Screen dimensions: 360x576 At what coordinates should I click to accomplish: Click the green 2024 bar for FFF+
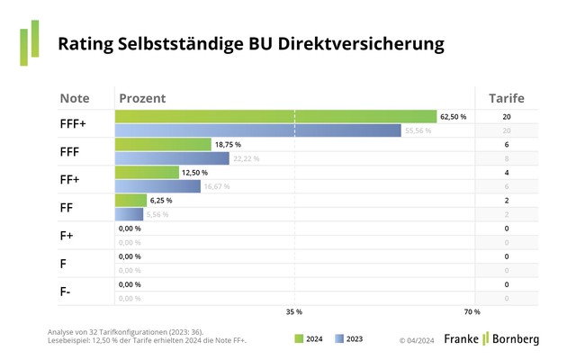click(275, 116)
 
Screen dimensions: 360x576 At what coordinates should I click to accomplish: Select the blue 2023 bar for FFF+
click(257, 130)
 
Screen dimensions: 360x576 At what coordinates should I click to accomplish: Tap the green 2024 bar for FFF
click(163, 144)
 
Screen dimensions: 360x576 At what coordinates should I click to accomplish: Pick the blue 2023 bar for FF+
click(157, 186)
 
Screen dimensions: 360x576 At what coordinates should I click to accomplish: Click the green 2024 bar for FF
click(130, 200)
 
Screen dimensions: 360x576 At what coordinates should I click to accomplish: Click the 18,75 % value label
click(228, 145)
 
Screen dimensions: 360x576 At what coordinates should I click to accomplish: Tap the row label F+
click(67, 235)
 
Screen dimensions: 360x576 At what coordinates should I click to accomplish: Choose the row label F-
click(66, 291)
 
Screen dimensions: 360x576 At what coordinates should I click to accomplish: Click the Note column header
click(75, 97)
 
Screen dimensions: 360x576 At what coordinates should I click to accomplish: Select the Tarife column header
click(506, 97)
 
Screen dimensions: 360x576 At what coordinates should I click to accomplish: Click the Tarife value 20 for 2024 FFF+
click(507, 117)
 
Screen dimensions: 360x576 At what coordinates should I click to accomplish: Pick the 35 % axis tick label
click(293, 312)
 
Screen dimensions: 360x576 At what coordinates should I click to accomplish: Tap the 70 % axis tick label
click(472, 312)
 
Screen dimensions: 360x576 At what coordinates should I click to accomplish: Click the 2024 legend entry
click(310, 339)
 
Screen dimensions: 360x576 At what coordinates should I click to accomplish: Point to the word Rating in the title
click(85, 42)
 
